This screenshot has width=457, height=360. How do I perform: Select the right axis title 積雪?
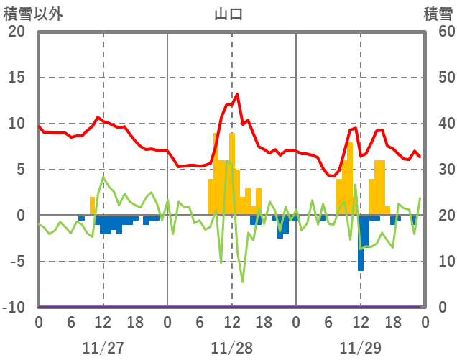pyautogui.click(x=438, y=13)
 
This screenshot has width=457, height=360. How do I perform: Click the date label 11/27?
pyautogui.click(x=103, y=348)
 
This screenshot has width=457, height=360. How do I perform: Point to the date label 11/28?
pyautogui.click(x=231, y=348)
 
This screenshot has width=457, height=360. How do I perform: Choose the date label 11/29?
pyautogui.click(x=360, y=348)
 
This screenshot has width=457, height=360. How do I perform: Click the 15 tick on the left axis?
pyautogui.click(x=17, y=78)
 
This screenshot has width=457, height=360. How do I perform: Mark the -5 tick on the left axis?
pyautogui.click(x=17, y=262)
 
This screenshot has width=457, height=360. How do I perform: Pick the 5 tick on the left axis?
pyautogui.click(x=21, y=170)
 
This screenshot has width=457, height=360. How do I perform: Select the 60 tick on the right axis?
pyautogui.click(x=439, y=32)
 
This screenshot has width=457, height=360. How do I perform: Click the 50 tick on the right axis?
pyautogui.click(x=439, y=78)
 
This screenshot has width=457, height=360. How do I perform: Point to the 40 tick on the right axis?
pyautogui.click(x=439, y=124)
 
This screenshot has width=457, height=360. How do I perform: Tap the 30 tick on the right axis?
pyautogui.click(x=439, y=170)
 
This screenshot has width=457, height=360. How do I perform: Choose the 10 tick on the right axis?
pyautogui.click(x=439, y=262)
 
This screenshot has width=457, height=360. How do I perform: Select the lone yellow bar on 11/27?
pyautogui.click(x=92, y=206)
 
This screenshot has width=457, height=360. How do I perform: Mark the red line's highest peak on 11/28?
pyautogui.click(x=237, y=94)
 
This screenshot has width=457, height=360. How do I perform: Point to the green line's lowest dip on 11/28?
pyautogui.click(x=242, y=282)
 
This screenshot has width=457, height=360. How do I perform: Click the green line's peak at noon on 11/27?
pyautogui.click(x=103, y=177)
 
